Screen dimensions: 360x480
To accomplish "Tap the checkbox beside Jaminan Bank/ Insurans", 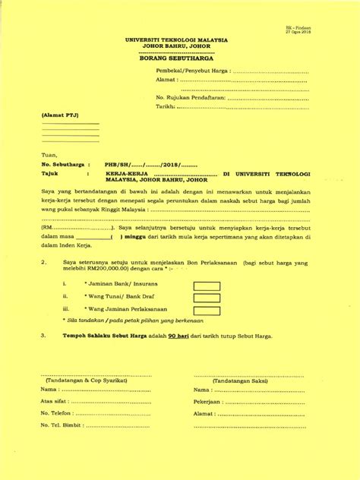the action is click(207, 286).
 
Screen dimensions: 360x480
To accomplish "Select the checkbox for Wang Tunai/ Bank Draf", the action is click(207, 298).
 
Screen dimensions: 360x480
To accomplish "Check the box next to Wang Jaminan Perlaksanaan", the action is click(207, 309).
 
